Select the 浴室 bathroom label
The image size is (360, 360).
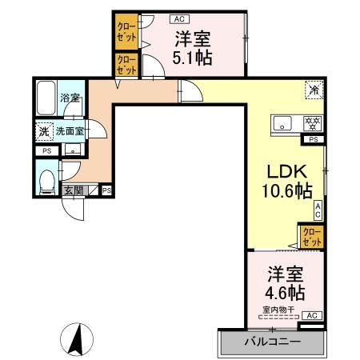(x=70, y=98)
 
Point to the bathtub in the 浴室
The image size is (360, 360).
(x=46, y=97)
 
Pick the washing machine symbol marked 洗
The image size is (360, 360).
(x=42, y=130)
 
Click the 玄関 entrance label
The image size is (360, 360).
(x=74, y=190)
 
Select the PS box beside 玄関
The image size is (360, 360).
(x=106, y=190)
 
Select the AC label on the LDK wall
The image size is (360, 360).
(x=318, y=210)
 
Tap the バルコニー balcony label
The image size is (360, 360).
(x=271, y=342)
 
